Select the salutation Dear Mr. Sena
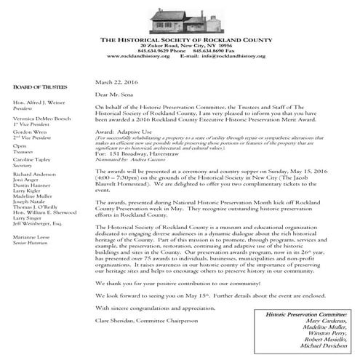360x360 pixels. pos(115,95)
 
